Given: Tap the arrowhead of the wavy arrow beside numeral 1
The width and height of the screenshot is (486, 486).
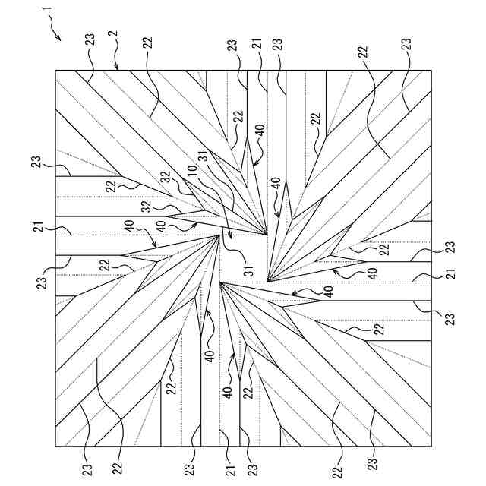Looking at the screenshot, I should coord(60,35).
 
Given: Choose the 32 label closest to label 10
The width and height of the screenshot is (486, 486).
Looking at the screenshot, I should coord(182,180).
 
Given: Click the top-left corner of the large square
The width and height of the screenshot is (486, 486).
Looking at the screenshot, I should coord(56,71).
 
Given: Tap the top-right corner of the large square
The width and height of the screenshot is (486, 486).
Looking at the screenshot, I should coord(431,71).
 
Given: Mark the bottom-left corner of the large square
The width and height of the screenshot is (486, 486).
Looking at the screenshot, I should coord(56,447).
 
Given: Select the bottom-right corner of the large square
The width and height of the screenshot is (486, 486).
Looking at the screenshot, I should coord(431,447).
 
